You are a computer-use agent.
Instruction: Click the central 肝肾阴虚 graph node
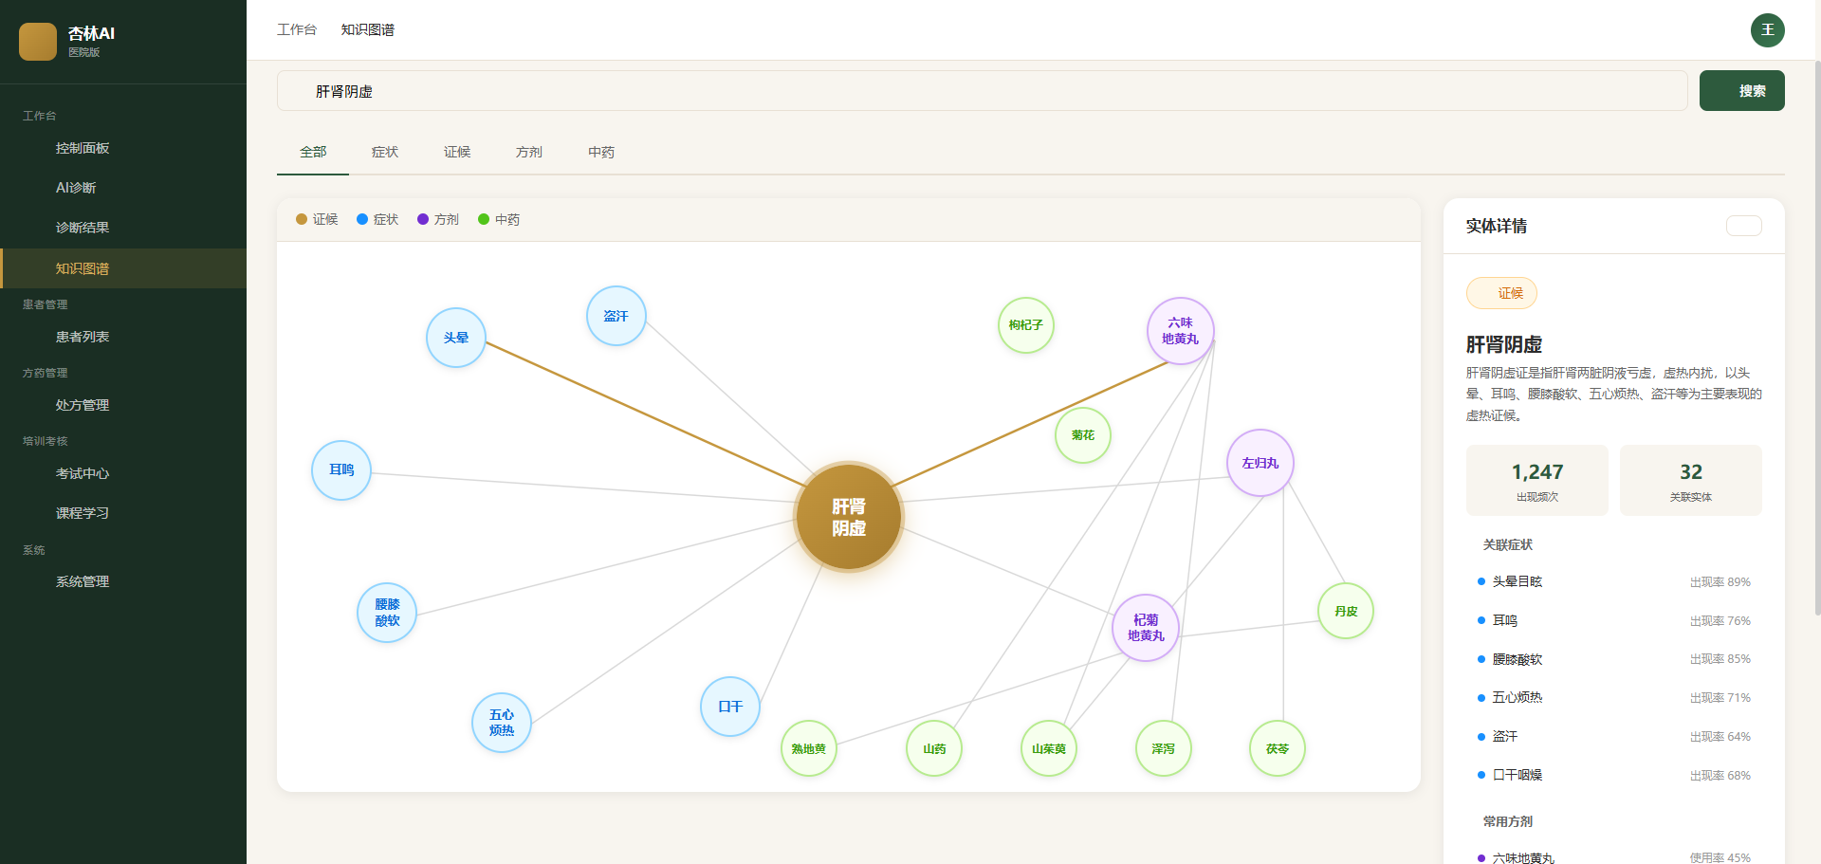(849, 517)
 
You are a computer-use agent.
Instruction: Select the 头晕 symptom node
(456, 338)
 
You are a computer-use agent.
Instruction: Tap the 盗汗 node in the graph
(616, 316)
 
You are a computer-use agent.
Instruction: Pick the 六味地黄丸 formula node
(1181, 331)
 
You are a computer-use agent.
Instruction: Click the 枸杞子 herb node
(1026, 325)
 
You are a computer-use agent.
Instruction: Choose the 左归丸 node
(1260, 463)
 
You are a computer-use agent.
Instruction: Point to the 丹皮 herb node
(1346, 611)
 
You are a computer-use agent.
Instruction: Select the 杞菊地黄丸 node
(1146, 628)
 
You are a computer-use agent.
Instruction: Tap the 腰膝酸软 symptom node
(387, 613)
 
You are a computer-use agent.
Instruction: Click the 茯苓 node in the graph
(1278, 748)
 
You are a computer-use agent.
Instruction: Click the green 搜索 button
(1742, 91)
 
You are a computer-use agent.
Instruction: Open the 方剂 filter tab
(529, 152)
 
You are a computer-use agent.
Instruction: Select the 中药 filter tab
(601, 152)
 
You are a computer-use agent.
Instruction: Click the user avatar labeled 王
(1768, 30)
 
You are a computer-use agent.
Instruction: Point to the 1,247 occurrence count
(1537, 472)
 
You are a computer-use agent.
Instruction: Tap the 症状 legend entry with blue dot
(377, 219)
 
